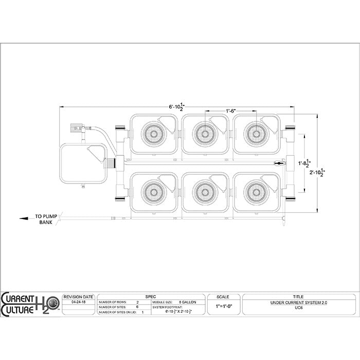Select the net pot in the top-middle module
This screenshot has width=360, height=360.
[x=205, y=134]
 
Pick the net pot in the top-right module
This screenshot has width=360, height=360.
[x=256, y=134]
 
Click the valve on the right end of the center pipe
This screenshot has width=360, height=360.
[x=279, y=164]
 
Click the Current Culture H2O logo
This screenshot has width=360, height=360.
[x=29, y=303]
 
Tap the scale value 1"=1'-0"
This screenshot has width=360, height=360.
[x=223, y=305]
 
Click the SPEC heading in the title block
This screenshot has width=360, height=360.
[x=150, y=297]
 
